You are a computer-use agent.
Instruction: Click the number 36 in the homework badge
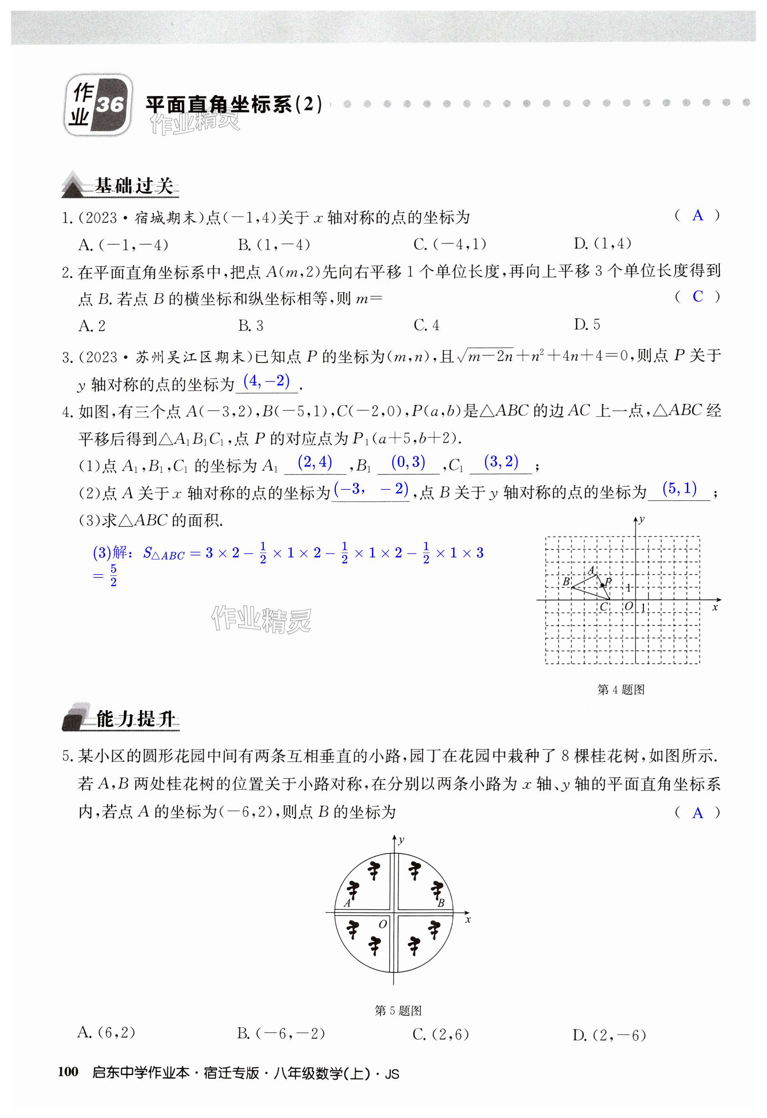tap(110, 104)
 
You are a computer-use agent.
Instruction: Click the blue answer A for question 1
tap(697, 216)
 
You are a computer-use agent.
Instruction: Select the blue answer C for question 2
tap(697, 296)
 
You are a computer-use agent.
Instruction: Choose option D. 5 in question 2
tap(587, 325)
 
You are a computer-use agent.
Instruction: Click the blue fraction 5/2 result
tap(113, 575)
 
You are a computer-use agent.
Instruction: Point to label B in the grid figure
tap(566, 582)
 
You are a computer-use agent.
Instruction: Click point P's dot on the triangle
tap(602, 585)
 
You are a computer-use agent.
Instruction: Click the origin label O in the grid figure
tap(628, 606)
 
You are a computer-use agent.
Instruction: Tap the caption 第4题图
tap(621, 690)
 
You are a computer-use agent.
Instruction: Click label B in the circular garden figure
tap(440, 903)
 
